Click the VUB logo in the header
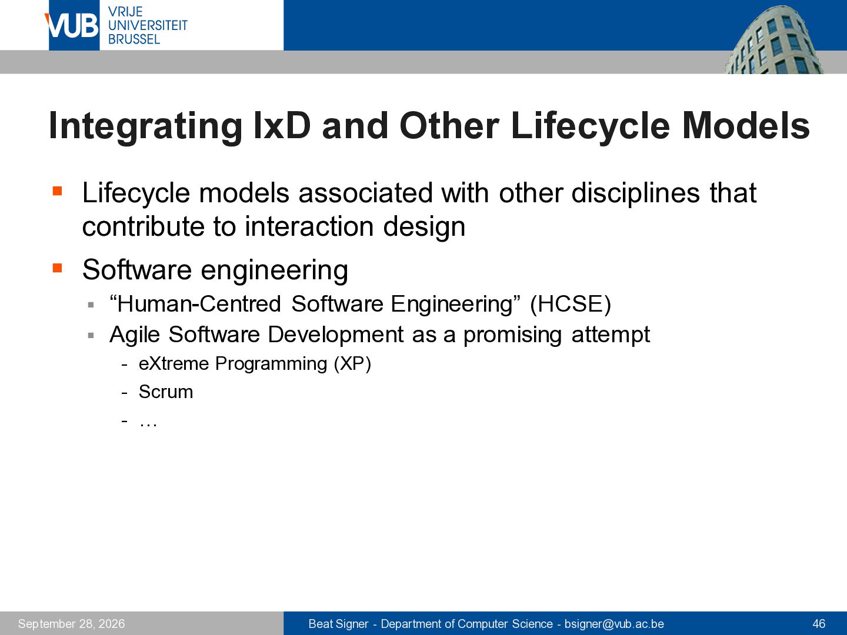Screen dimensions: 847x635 tap(72, 25)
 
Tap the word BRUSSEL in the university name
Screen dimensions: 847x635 tap(134, 39)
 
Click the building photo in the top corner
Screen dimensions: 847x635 tap(773, 39)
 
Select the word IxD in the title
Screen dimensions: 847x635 tap(282, 126)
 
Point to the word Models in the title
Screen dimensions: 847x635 tap(745, 126)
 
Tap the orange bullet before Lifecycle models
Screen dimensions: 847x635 tap(57, 191)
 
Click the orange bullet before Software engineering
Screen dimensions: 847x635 tap(57, 268)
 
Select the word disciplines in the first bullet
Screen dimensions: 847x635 tap(635, 193)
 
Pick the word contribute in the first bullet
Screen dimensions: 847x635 tap(143, 226)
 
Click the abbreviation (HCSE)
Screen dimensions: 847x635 tap(571, 304)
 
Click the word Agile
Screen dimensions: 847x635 tap(134, 335)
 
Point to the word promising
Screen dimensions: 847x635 tap(512, 335)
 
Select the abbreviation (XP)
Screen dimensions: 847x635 tap(352, 363)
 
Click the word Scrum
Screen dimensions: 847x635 tap(166, 392)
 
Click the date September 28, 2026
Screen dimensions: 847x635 tap(71, 623)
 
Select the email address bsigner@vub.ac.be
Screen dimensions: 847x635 tap(614, 623)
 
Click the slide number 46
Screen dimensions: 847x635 tap(819, 623)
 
